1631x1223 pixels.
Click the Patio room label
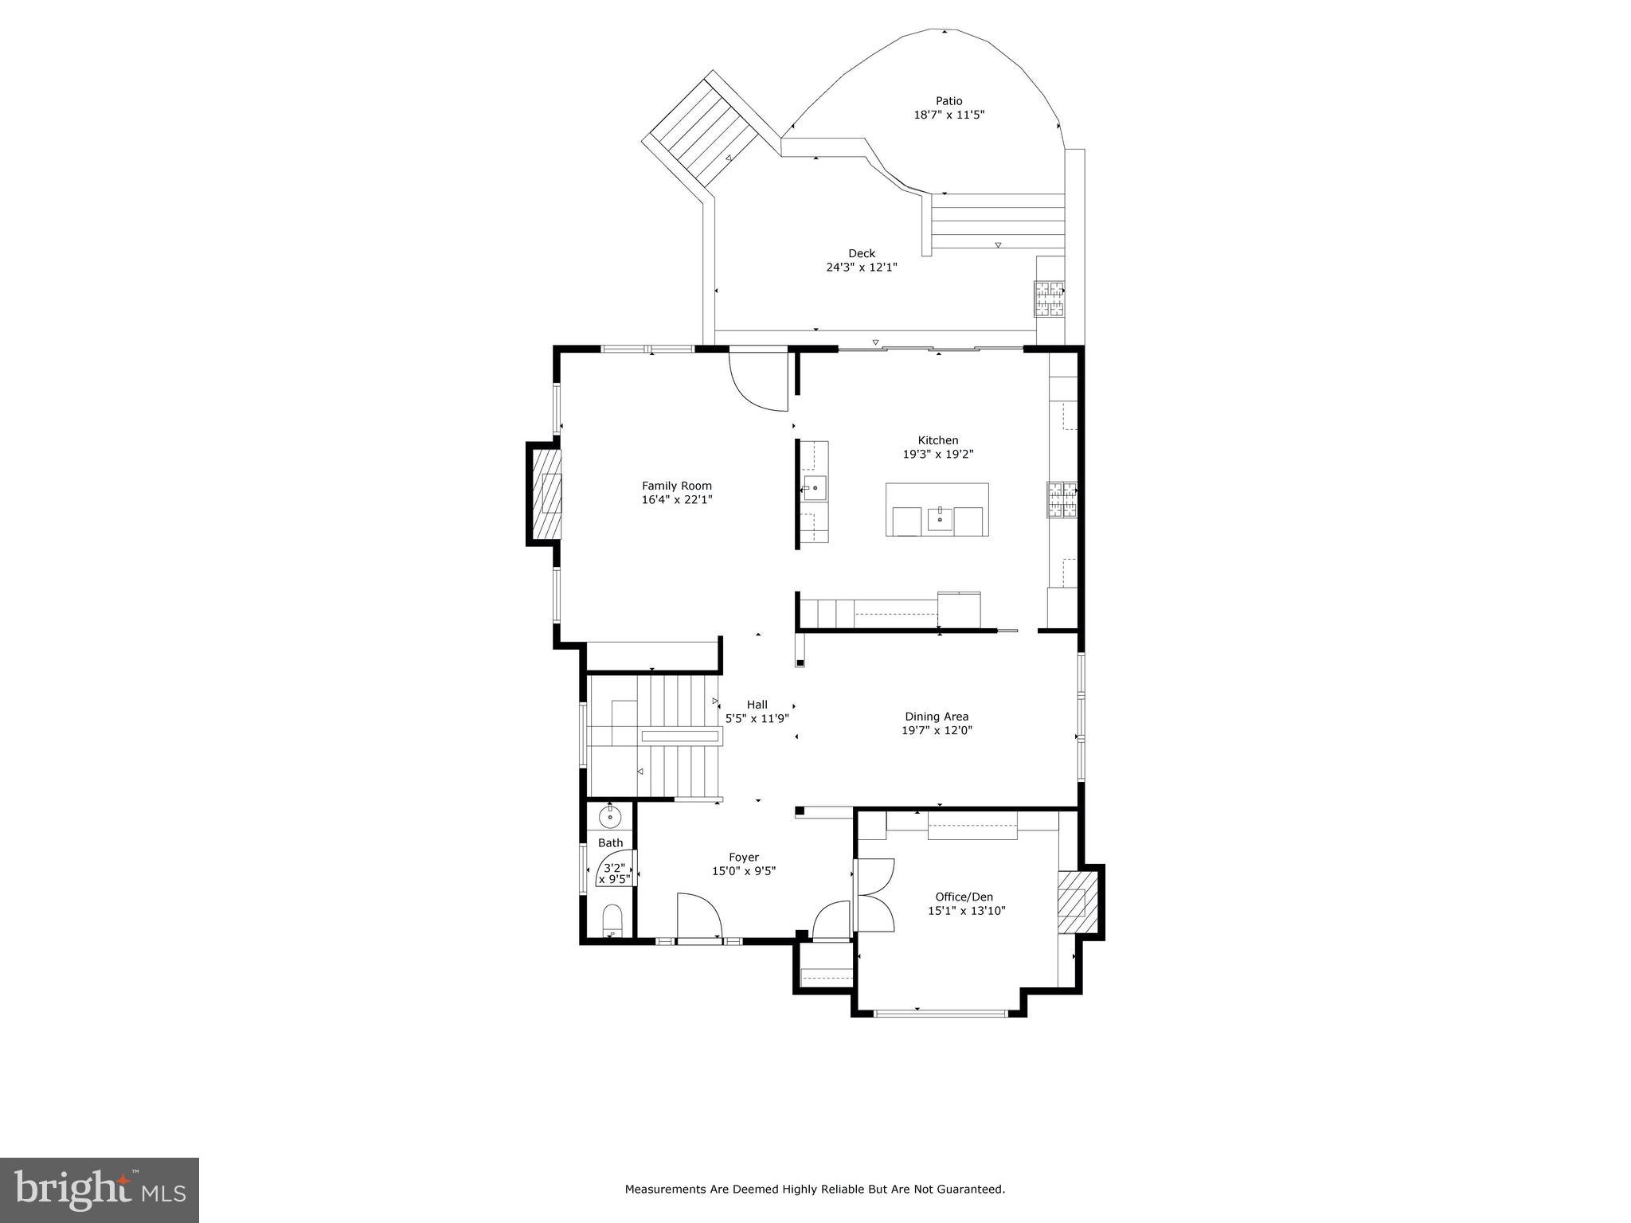948,101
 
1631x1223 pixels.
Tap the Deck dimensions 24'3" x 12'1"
861,268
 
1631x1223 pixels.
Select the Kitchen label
938,440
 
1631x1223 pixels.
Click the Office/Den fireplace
1077,903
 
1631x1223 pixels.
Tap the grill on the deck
1050,299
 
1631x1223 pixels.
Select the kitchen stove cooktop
1062,501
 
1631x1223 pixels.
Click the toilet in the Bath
611,921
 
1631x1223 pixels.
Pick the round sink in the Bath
611,816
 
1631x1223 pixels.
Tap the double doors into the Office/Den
875,895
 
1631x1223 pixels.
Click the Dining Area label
937,717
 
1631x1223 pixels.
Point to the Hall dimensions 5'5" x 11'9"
757,718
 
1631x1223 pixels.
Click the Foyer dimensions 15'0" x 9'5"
743,871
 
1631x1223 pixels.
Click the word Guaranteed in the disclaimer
973,1190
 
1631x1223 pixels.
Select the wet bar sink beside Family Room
815,487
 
